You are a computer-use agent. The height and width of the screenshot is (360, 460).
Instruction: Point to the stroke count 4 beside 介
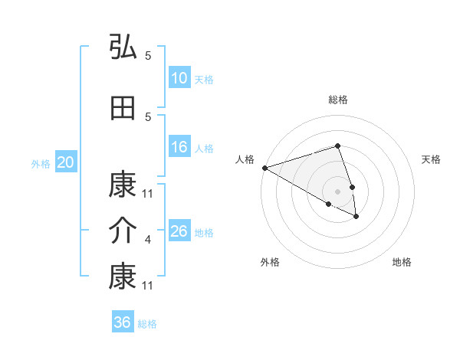click(x=148, y=241)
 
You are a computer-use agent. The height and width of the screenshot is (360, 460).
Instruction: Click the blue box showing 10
click(x=179, y=78)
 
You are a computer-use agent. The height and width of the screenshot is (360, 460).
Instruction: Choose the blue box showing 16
click(x=179, y=147)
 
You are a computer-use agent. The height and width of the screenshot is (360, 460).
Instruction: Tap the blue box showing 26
click(x=179, y=231)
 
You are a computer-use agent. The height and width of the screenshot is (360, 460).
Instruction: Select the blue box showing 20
click(x=66, y=162)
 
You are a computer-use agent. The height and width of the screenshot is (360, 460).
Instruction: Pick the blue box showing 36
click(x=123, y=322)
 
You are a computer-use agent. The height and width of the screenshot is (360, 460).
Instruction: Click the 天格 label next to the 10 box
click(x=203, y=80)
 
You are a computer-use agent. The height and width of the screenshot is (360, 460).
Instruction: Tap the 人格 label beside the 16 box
click(x=203, y=149)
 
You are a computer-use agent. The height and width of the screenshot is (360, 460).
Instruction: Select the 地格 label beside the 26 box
click(x=205, y=233)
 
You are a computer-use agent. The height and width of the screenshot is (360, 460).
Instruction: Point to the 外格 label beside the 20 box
click(x=41, y=164)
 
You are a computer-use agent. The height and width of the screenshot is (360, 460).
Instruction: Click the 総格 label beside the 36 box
click(x=147, y=324)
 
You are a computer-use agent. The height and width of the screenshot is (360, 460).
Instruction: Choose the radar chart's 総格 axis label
click(x=338, y=100)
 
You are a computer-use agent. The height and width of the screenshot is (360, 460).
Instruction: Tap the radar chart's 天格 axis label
click(x=432, y=159)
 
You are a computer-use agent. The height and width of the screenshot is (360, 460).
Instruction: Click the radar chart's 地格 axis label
click(x=402, y=263)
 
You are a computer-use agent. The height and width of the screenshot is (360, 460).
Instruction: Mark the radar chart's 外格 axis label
click(x=270, y=263)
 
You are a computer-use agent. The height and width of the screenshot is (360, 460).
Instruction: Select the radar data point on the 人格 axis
click(x=264, y=168)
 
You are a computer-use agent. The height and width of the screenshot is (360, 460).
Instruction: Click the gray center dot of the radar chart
click(x=338, y=191)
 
